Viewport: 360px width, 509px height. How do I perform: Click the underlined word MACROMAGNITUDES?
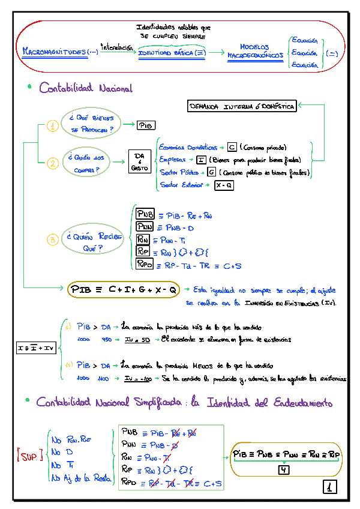pos(60,52)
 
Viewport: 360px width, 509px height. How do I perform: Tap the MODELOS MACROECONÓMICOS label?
pos(255,52)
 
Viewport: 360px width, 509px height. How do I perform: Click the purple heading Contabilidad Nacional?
pos(85,89)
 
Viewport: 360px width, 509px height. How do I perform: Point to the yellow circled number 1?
pos(53,126)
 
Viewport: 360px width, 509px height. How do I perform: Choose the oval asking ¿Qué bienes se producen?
pos(91,124)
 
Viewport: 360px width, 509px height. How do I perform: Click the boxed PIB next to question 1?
pos(146,125)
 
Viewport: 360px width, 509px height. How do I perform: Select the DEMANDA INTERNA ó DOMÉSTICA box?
pos(242,107)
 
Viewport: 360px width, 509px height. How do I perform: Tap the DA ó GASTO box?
pos(139,162)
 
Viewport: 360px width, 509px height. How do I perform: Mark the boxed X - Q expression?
pos(224,186)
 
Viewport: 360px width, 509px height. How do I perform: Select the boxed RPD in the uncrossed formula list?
pos(145,264)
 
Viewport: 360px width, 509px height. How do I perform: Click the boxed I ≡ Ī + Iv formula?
pos(35,348)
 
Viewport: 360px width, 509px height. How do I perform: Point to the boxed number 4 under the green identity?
pos(284,469)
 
